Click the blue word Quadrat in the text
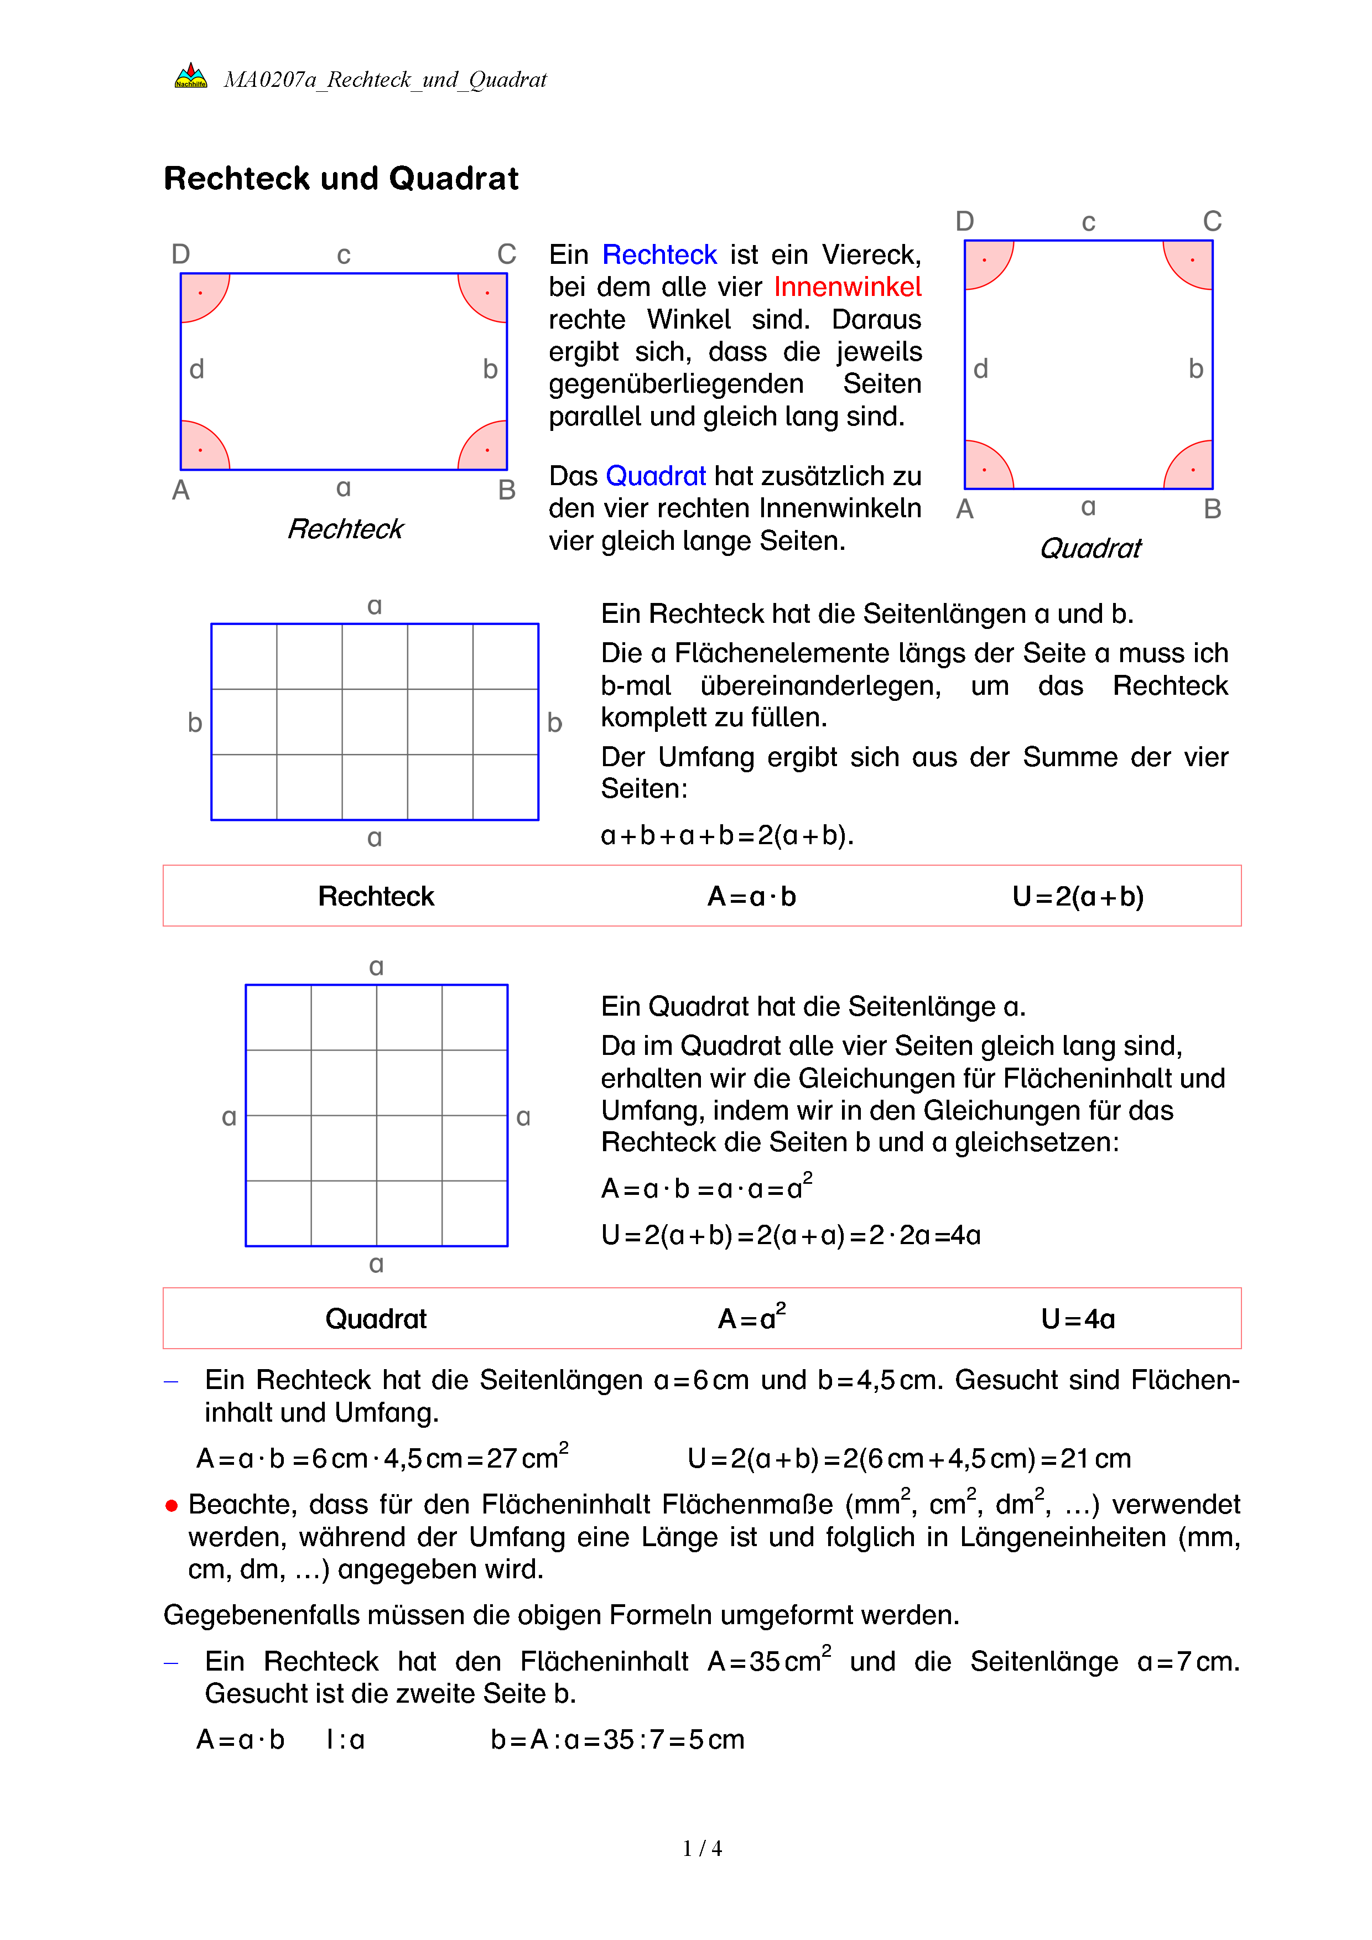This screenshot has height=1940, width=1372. (656, 476)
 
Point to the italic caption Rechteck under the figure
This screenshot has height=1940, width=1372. (346, 529)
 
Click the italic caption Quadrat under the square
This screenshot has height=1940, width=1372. (1090, 548)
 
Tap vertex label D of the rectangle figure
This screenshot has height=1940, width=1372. (181, 253)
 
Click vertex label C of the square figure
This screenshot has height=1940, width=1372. (1212, 221)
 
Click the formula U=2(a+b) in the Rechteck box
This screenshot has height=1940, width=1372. (1078, 897)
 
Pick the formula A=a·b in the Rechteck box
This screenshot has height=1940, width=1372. (751, 897)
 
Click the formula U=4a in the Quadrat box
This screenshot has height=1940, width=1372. (1078, 1319)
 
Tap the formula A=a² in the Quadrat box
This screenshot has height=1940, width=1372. (751, 1317)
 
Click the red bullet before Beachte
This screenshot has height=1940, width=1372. (171, 1506)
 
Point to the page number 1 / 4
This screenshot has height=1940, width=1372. (702, 1849)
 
